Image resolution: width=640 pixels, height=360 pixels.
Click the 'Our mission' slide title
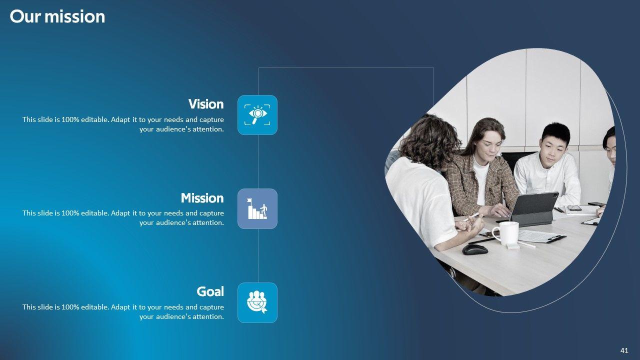pos(57,16)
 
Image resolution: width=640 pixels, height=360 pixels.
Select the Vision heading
pos(206,104)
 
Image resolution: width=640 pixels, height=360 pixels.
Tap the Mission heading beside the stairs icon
pos(202,198)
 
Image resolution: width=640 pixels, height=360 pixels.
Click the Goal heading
pos(210,291)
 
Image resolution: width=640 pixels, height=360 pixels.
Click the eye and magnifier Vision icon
pos(257,115)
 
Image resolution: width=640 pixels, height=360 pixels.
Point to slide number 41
pos(624,350)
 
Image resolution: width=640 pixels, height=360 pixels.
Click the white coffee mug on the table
pos(506,233)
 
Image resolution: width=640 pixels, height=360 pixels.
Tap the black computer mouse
pos(475,249)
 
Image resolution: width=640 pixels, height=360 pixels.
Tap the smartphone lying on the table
pos(574,208)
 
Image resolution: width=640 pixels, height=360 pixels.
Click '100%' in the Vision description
pos(70,119)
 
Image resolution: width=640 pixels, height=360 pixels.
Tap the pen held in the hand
pos(471,217)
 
